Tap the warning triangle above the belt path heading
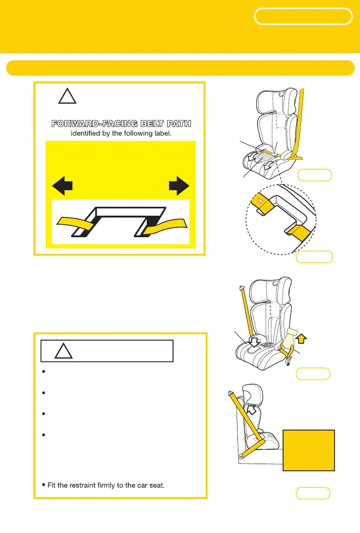(67, 96)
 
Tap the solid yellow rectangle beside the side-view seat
(309, 450)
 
